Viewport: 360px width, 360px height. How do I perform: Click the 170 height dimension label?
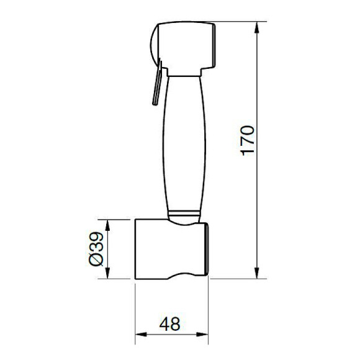coord(248,140)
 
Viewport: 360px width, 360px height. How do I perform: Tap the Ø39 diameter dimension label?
coord(97,249)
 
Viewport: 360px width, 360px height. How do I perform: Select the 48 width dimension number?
coord(170,324)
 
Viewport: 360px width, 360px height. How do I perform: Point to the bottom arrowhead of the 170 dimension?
coord(257,273)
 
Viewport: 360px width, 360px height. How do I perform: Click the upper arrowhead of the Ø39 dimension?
coord(107,225)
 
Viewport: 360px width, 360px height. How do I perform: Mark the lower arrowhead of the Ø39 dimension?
coord(107,273)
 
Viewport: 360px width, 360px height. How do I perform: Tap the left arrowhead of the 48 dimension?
coord(141,335)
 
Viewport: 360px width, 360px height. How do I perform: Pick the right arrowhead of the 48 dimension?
coord(202,335)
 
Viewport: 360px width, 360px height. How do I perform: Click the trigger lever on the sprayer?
coord(158,83)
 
